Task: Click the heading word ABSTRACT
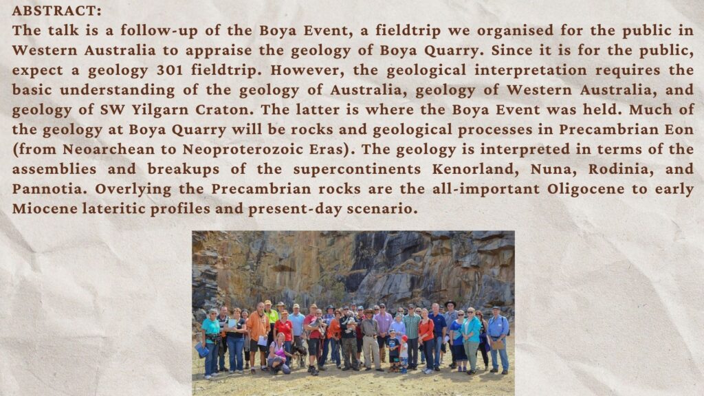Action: click(x=57, y=10)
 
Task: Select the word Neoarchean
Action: click(x=108, y=149)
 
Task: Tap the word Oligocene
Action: click(x=586, y=189)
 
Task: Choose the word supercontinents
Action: click(x=357, y=170)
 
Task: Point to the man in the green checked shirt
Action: click(x=411, y=337)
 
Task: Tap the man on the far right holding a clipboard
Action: click(x=498, y=340)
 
